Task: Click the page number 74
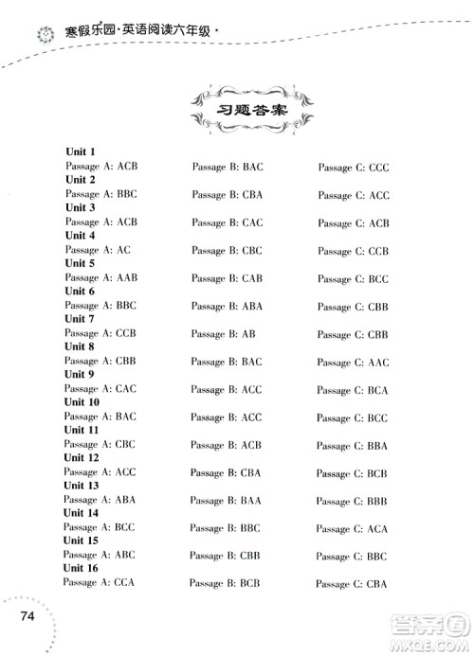click(x=25, y=617)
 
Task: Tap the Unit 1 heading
click(x=80, y=151)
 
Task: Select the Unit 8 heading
click(x=80, y=346)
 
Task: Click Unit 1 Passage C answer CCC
click(x=374, y=168)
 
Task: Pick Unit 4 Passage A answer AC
click(x=123, y=251)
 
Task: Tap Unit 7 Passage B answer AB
click(x=245, y=334)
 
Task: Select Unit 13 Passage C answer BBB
click(x=374, y=502)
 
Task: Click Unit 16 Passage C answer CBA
click(x=374, y=584)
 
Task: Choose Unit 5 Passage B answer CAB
click(x=250, y=278)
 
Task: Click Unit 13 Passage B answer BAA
click(x=250, y=501)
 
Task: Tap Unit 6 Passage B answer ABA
click(x=250, y=306)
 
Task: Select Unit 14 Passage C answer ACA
click(x=374, y=529)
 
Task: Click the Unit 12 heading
click(x=82, y=458)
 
